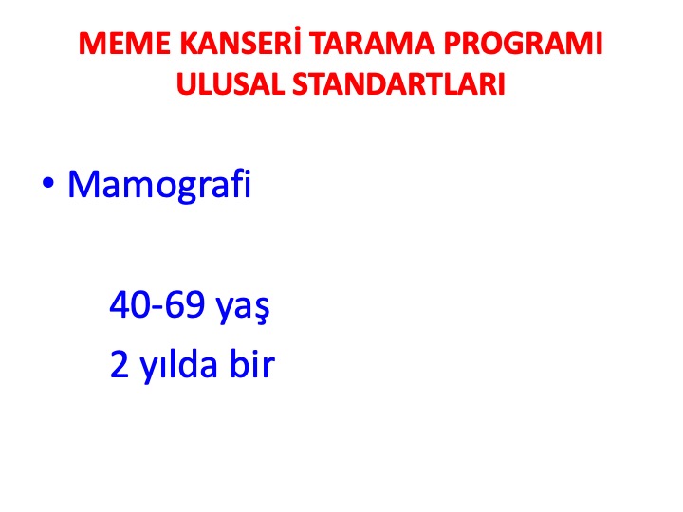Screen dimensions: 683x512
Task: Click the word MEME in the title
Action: tap(124, 44)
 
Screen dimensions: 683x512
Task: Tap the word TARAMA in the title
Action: tap(373, 44)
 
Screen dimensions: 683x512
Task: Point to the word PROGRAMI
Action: tap(523, 44)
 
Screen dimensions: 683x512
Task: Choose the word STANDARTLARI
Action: tap(398, 83)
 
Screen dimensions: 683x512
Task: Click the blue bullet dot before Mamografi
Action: tap(48, 184)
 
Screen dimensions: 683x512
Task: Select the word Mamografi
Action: tap(159, 184)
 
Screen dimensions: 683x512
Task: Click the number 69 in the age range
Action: tap(185, 304)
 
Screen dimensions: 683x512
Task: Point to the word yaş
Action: tap(243, 308)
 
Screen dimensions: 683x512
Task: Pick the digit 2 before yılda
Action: tap(120, 364)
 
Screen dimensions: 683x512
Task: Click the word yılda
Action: tap(178, 366)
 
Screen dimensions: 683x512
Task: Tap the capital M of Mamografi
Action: tap(84, 185)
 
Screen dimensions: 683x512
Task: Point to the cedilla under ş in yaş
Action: tap(262, 321)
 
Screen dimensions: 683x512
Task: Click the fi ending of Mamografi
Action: tap(241, 183)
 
